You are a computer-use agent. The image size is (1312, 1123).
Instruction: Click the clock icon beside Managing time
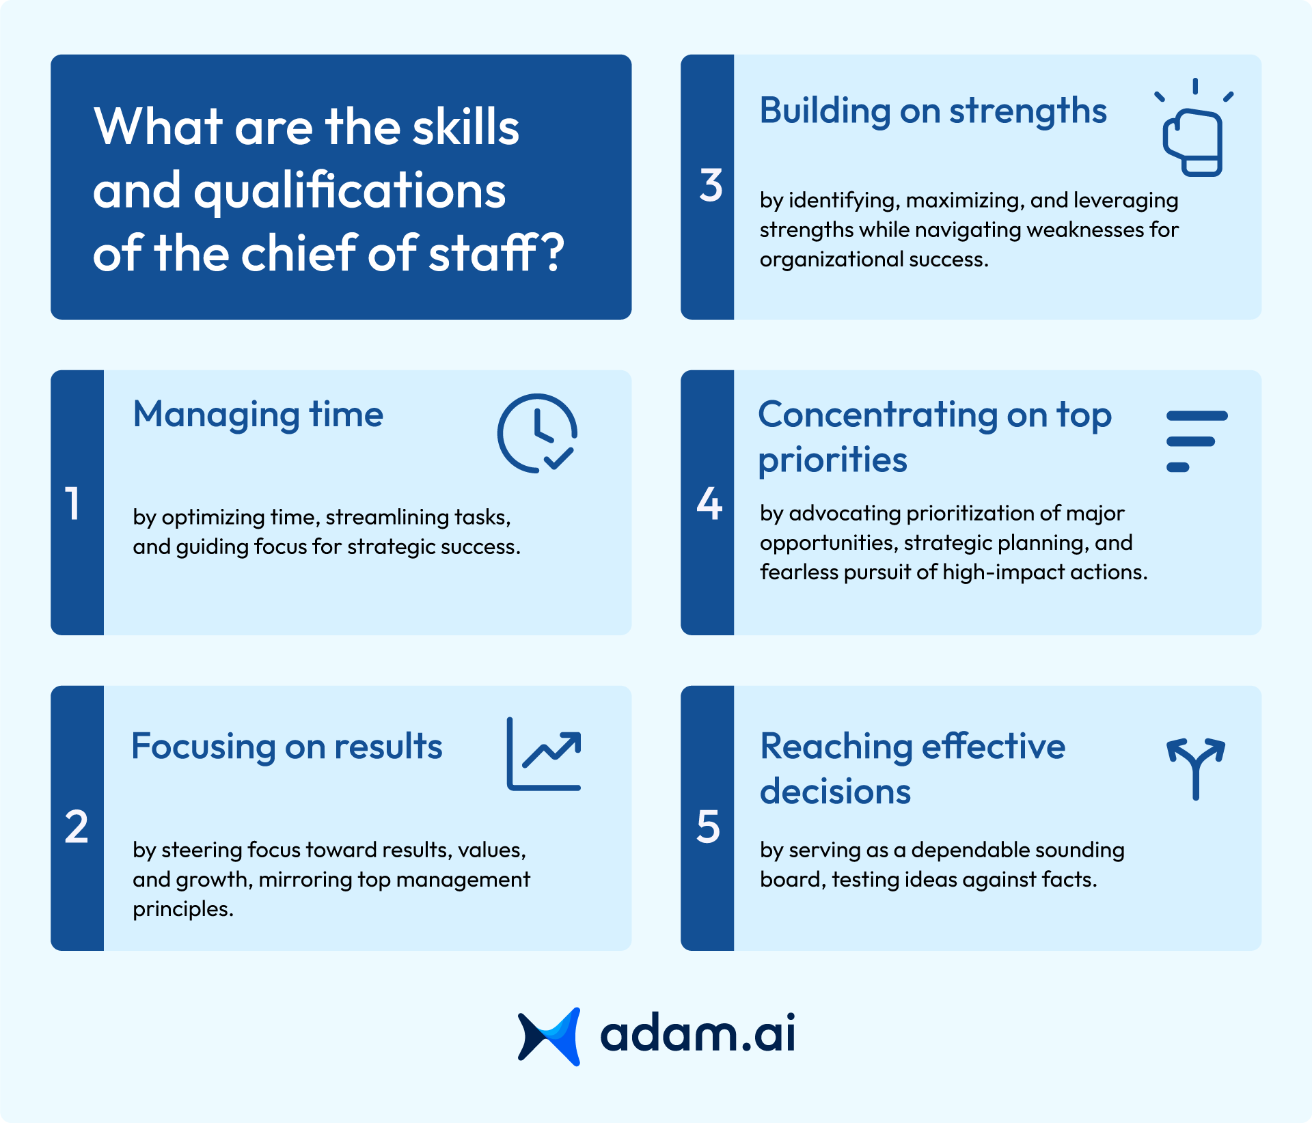pyautogui.click(x=537, y=433)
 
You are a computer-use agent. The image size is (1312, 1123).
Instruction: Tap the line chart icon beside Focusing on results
pyautogui.click(x=543, y=754)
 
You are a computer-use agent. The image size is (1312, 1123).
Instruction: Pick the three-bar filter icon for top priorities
pyautogui.click(x=1196, y=441)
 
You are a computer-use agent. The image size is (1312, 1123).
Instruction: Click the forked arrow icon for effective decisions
pyautogui.click(x=1196, y=768)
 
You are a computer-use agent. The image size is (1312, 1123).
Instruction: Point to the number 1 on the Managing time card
pyautogui.click(x=73, y=504)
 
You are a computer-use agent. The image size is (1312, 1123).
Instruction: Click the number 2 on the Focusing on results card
pyautogui.click(x=77, y=827)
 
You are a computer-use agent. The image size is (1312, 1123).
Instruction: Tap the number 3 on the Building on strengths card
pyautogui.click(x=711, y=186)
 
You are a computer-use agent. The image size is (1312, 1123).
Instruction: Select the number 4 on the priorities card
pyautogui.click(x=709, y=504)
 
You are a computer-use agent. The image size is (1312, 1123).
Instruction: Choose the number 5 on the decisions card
pyautogui.click(x=709, y=827)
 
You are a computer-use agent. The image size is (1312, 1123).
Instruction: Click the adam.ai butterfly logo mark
pyautogui.click(x=549, y=1036)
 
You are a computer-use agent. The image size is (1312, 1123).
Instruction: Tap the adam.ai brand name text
pyautogui.click(x=698, y=1034)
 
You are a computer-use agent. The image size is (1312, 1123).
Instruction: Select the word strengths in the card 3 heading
pyautogui.click(x=1028, y=111)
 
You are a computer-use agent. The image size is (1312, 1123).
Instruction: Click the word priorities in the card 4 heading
pyautogui.click(x=833, y=460)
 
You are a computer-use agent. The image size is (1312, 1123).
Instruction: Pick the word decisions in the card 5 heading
pyautogui.click(x=836, y=792)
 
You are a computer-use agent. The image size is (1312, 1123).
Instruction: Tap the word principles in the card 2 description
pyautogui.click(x=182, y=909)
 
